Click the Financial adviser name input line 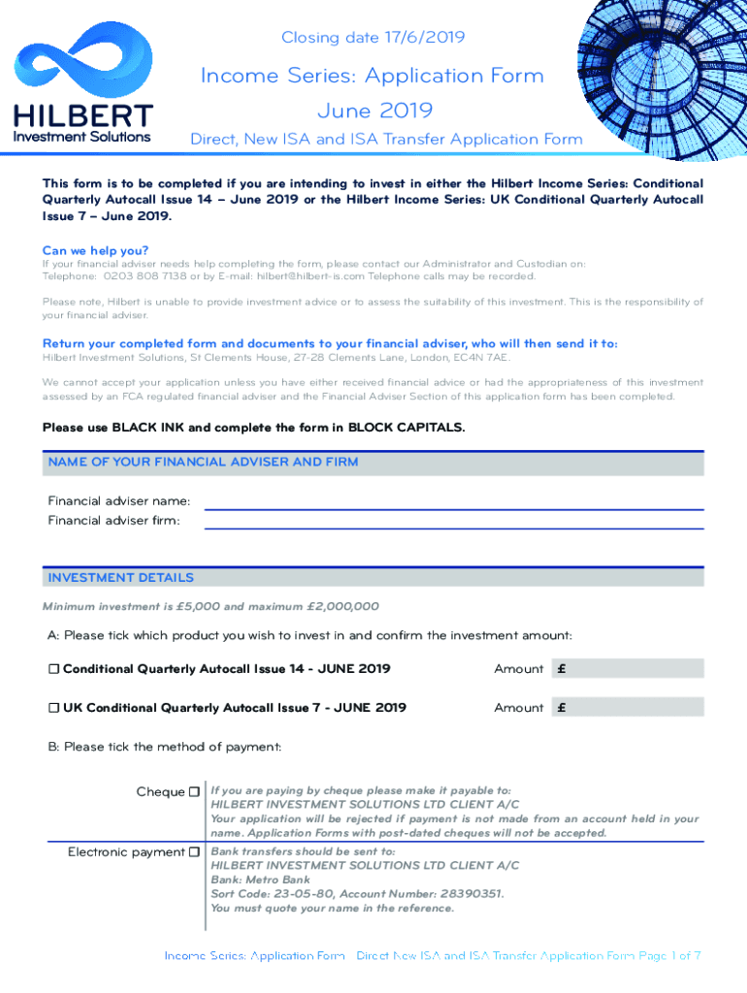(x=453, y=502)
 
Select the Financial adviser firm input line (x=453, y=522)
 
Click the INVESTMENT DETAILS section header (x=121, y=578)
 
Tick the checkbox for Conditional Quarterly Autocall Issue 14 (x=54, y=669)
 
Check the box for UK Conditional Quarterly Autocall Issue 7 (x=54, y=708)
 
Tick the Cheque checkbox (x=194, y=792)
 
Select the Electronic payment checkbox (x=194, y=852)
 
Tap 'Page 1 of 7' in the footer (x=669, y=956)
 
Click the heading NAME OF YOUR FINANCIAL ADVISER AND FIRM (x=203, y=463)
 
